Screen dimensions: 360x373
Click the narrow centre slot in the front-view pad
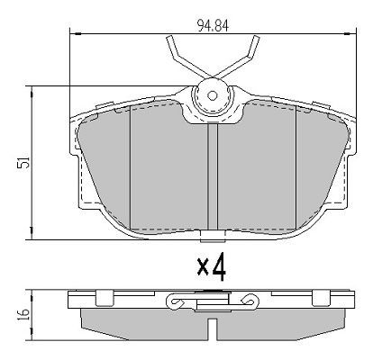(x=214, y=175)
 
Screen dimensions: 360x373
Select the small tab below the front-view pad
(x=214, y=238)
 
